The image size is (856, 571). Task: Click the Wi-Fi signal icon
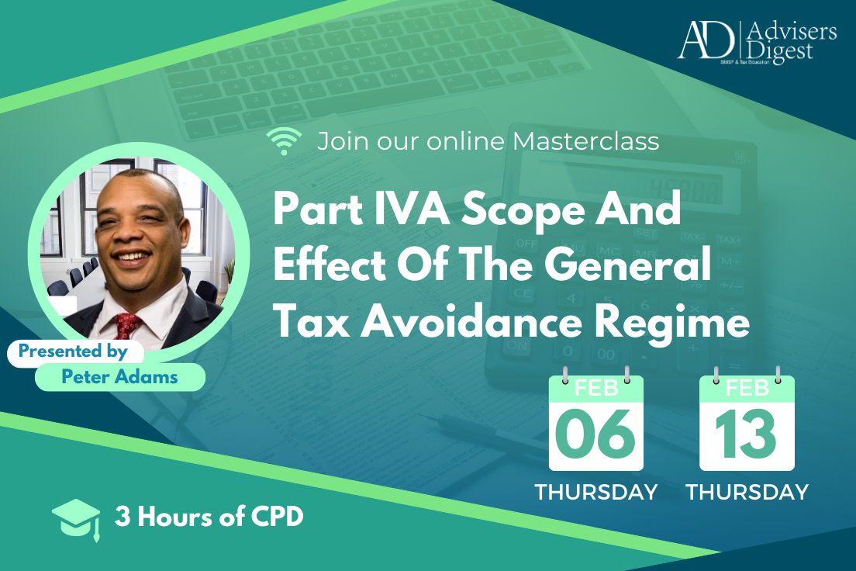(x=284, y=141)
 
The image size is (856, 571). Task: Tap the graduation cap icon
(x=77, y=519)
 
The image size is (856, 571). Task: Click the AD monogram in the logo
(x=706, y=40)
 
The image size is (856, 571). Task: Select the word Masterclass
(x=585, y=141)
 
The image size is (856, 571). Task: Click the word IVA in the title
(x=412, y=209)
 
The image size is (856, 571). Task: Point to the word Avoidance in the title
(x=471, y=323)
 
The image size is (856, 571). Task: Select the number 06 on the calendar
(x=595, y=434)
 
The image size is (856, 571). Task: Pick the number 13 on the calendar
(x=746, y=434)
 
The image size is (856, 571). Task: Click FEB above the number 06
(x=596, y=389)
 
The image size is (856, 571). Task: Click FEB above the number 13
(x=747, y=389)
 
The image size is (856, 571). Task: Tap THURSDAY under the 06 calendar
(x=596, y=493)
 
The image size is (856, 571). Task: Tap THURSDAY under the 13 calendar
(x=747, y=493)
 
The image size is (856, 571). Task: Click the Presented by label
(x=73, y=351)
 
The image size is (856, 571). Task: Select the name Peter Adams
(x=119, y=377)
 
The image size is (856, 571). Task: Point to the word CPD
(x=277, y=517)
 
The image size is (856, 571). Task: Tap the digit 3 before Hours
(x=123, y=517)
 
